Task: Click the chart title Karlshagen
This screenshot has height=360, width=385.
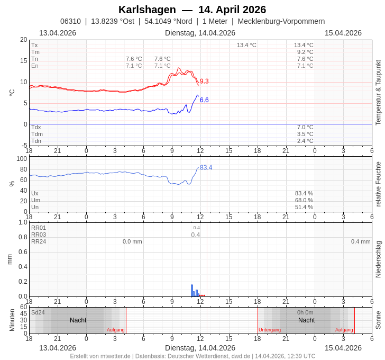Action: [147, 10]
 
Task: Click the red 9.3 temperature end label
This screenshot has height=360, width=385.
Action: [204, 81]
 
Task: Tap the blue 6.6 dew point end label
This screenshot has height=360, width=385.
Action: [204, 100]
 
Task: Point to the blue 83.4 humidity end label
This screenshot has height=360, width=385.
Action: [206, 167]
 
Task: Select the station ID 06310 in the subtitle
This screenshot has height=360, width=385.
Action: [70, 21]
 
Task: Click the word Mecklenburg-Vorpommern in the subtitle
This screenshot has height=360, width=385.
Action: [281, 21]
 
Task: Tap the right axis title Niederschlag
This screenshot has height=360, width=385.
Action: [378, 259]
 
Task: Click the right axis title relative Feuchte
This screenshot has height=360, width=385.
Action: [378, 184]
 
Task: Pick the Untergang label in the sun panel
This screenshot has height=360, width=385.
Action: [270, 330]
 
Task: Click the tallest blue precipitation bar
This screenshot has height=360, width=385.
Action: [192, 290]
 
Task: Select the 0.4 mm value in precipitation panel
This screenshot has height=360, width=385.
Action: [361, 241]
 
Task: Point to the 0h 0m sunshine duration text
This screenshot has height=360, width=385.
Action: [305, 312]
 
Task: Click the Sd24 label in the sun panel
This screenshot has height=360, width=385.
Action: [38, 312]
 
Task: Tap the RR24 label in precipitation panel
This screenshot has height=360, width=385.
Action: [39, 241]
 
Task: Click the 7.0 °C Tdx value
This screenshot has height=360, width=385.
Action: [305, 127]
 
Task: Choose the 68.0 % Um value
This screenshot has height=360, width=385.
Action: [304, 200]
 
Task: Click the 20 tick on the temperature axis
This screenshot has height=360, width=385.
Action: [23, 40]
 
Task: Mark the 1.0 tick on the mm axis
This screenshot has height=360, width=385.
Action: [23, 222]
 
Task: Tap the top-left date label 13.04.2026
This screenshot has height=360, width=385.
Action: [58, 33]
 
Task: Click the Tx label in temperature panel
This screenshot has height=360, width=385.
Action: [34, 45]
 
